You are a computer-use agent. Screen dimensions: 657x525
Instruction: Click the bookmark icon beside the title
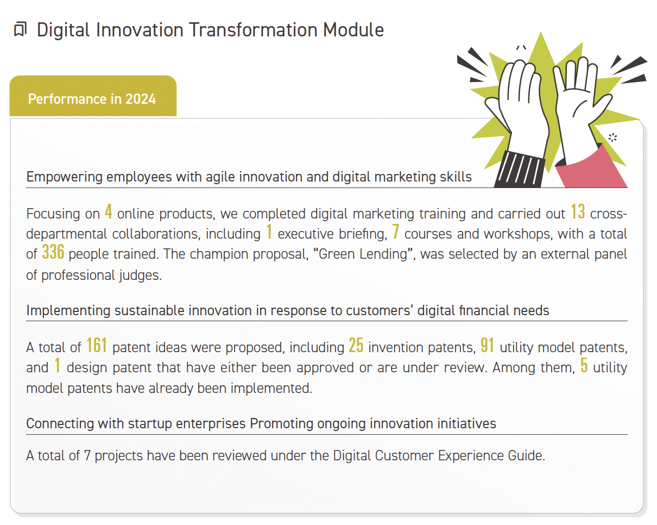(21, 29)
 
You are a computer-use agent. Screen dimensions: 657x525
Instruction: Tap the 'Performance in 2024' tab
(93, 96)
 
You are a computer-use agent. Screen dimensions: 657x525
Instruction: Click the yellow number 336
(53, 252)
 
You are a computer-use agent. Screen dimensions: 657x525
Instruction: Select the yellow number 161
(97, 346)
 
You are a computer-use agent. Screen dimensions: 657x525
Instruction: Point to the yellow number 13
(578, 211)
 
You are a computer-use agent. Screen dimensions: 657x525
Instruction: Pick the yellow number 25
(356, 346)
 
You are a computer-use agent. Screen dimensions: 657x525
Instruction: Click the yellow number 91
(487, 346)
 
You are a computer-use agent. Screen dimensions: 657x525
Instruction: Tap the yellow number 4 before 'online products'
(109, 211)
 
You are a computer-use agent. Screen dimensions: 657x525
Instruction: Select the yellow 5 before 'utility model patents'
(584, 365)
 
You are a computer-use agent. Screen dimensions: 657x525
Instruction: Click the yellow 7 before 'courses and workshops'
(396, 232)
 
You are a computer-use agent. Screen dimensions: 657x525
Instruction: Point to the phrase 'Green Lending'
(363, 254)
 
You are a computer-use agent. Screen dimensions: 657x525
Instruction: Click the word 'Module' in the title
(353, 30)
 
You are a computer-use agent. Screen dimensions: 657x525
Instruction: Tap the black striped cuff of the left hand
(520, 170)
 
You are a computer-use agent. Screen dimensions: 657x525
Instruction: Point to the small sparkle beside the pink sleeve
(612, 137)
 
